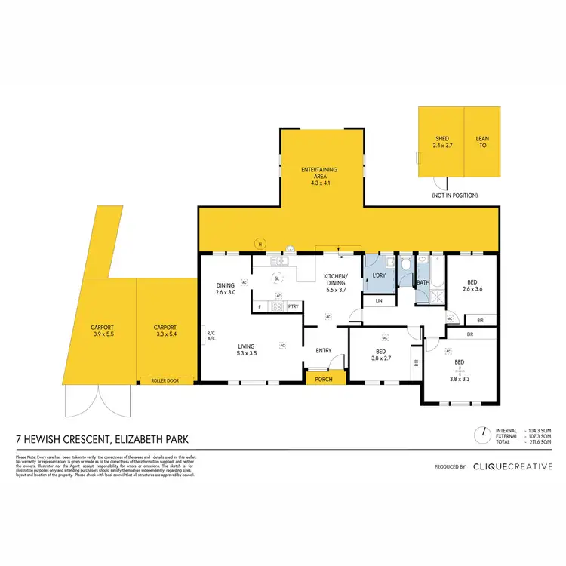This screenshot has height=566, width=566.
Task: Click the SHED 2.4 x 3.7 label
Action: [x=441, y=143]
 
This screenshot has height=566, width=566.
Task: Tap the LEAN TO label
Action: [x=482, y=143]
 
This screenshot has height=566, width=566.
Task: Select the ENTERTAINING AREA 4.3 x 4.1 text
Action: [x=319, y=174]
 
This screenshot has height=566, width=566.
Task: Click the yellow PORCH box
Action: [x=325, y=380]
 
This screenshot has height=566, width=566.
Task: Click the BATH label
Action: [x=423, y=283]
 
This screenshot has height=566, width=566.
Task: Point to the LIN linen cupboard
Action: [x=379, y=301]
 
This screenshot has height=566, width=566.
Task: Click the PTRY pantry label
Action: [x=294, y=306]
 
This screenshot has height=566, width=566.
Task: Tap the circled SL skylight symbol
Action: [x=278, y=278]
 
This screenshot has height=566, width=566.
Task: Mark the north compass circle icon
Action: [x=479, y=435]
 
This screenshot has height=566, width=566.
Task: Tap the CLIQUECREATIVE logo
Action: [x=512, y=466]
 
